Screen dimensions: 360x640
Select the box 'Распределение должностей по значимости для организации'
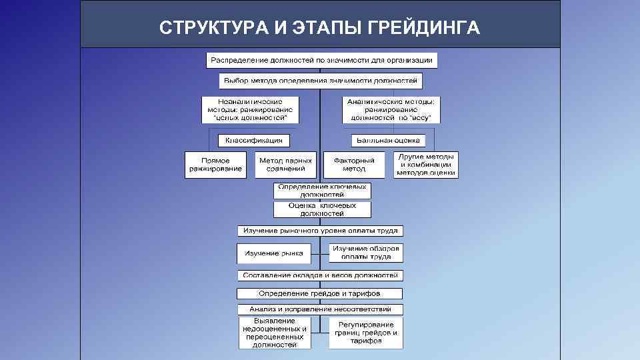(321, 60)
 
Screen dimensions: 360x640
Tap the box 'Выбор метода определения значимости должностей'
(321, 81)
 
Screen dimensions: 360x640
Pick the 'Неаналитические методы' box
(251, 109)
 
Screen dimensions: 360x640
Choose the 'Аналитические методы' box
(391, 109)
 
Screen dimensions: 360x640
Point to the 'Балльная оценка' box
(389, 140)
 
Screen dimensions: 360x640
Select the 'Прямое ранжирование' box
(215, 165)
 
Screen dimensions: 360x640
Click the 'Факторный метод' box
(354, 165)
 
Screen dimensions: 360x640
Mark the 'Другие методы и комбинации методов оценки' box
(426, 165)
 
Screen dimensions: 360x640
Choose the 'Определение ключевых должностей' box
(322, 191)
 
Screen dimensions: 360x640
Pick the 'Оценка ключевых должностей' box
(322, 210)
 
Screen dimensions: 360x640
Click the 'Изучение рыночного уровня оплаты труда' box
(321, 231)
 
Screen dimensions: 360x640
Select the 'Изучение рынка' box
(273, 253)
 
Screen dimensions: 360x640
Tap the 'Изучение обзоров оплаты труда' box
(366, 253)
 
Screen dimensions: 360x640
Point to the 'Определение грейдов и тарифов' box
(320, 293)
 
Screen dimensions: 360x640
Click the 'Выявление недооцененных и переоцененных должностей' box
(275, 333)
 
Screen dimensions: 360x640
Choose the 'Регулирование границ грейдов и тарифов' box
(366, 332)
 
